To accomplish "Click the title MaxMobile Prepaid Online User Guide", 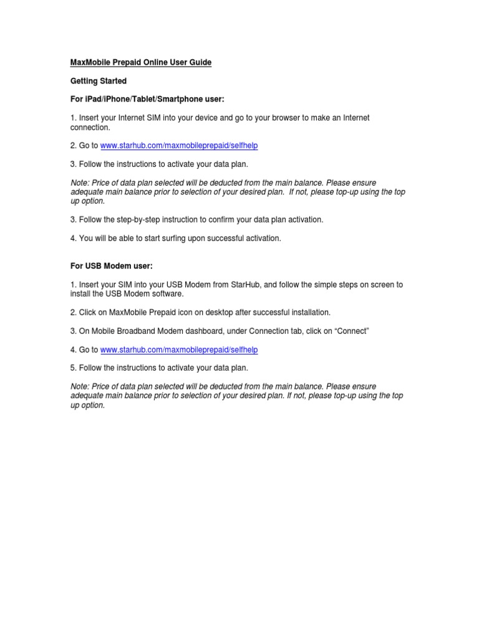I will coord(140,63).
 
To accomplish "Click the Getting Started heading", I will coord(98,81).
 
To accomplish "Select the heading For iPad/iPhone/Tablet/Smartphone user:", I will coord(147,100).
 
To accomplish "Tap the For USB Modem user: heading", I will coord(111,266).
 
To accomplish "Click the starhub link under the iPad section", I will coord(179,146).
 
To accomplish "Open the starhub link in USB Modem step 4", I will coord(179,350).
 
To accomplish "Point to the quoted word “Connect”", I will coord(352,331).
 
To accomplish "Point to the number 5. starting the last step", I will coord(73,368).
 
